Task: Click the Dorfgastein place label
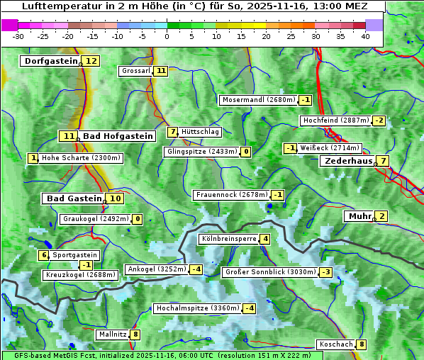tap(50, 61)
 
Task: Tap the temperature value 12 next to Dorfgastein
tap(91, 61)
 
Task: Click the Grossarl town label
tap(135, 71)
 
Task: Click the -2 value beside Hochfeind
tap(379, 120)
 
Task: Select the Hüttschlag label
tap(201, 132)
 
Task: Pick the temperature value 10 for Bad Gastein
tap(115, 198)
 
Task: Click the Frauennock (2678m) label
tap(232, 195)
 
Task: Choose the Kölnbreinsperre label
tap(228, 240)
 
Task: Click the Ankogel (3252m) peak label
tap(156, 269)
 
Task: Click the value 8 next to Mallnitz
tap(135, 334)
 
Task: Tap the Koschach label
tap(335, 344)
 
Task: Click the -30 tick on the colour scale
tap(18, 35)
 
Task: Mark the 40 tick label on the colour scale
tap(365, 35)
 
